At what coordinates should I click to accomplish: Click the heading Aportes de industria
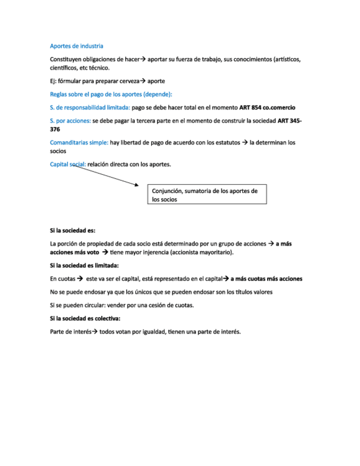point(76,46)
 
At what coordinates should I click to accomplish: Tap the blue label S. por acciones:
point(70,121)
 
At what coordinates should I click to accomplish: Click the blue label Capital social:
point(68,164)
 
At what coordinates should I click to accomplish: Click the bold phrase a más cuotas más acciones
point(266,279)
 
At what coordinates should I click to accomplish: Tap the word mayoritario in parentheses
point(214,252)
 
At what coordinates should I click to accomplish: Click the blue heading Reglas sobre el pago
point(111,94)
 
